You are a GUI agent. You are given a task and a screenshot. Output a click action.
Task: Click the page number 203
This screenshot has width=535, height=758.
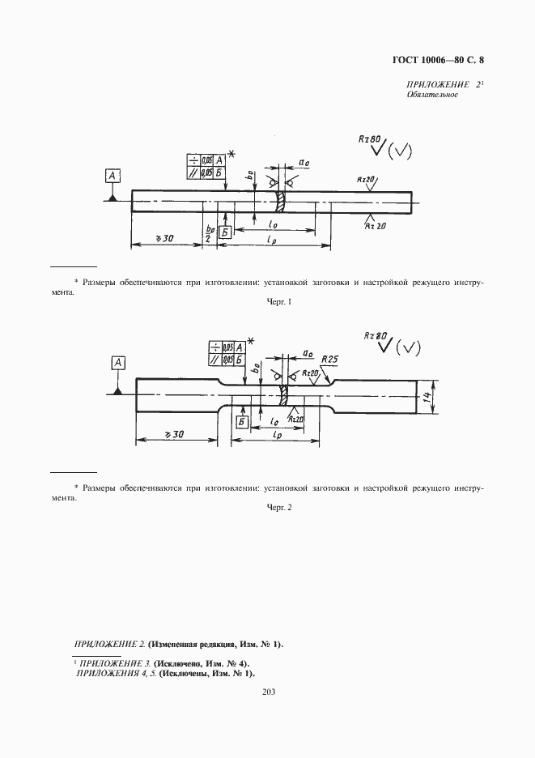pos(267,692)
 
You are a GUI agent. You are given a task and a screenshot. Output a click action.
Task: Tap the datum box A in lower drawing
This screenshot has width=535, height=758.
pos(117,363)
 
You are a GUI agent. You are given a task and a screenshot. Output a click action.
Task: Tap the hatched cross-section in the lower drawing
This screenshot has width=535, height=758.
pos(286,397)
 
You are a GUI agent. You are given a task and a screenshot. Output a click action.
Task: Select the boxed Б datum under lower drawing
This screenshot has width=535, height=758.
pos(240,422)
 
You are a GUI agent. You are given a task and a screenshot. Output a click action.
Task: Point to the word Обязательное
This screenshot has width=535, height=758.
pos(432,95)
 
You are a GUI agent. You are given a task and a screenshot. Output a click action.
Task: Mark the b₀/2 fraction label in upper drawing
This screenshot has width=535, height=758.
pos(209,233)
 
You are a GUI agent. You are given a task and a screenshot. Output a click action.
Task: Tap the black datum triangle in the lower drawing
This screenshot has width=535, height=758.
pos(117,391)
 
